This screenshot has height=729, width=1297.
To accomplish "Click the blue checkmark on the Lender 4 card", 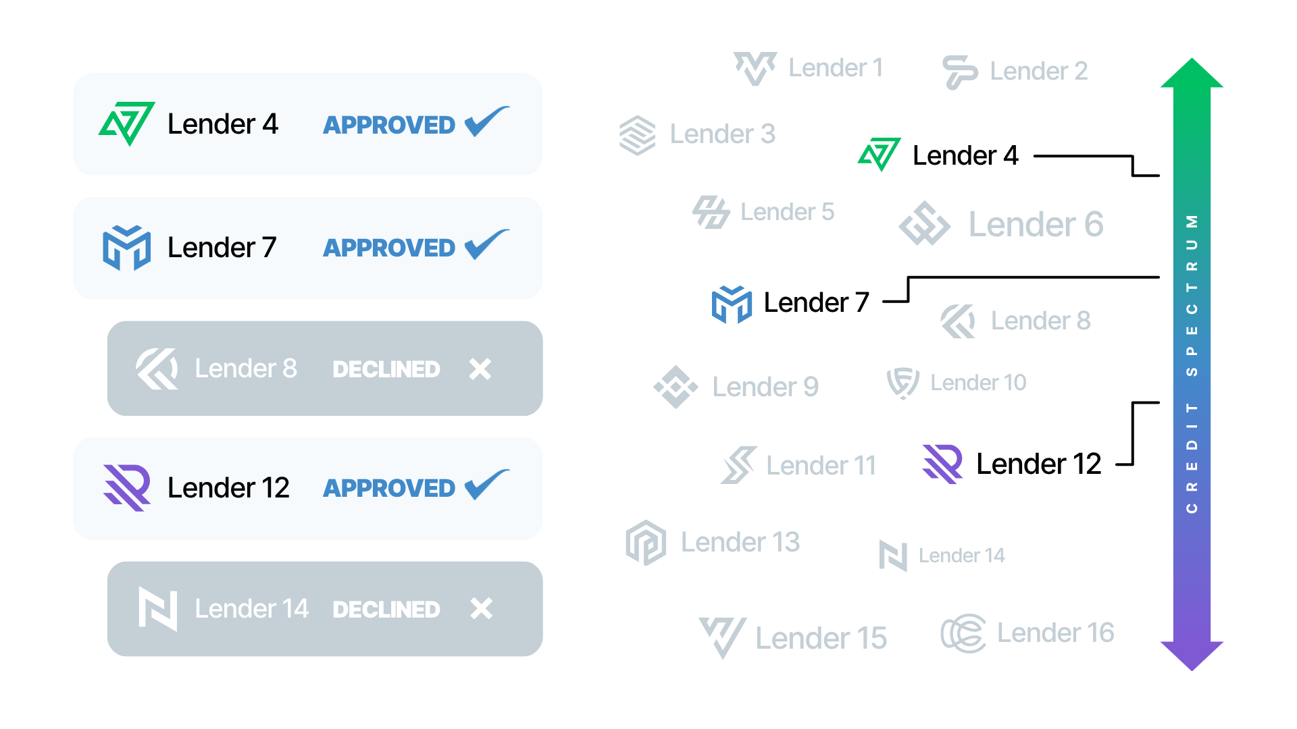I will click(486, 122).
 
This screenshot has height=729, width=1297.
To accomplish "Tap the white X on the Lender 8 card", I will click(480, 369).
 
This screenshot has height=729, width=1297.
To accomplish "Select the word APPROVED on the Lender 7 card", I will click(389, 248).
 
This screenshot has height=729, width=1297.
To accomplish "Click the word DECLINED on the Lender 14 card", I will click(386, 610).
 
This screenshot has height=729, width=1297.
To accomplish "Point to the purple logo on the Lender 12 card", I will click(127, 487).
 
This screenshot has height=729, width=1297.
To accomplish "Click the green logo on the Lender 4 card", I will click(127, 124).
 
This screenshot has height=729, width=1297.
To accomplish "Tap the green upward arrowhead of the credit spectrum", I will click(1192, 74).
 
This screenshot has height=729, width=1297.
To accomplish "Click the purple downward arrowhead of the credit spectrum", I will click(1192, 655).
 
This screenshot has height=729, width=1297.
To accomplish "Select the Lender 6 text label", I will click(1036, 225).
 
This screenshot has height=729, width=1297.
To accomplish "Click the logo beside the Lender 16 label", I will click(963, 633).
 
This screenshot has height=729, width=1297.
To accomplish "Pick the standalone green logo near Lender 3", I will click(880, 154).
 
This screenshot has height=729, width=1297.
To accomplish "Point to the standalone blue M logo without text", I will click(732, 304).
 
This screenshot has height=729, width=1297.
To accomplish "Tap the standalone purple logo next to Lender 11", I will click(942, 464).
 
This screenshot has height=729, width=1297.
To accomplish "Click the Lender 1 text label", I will click(836, 68).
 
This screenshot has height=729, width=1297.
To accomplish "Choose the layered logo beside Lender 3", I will click(638, 135).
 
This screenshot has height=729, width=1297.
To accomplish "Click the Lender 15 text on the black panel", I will click(821, 639).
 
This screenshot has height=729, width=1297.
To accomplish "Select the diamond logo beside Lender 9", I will click(676, 387).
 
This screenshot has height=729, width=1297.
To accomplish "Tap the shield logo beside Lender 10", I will click(902, 383).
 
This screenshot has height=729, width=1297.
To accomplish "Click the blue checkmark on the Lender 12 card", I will click(486, 485).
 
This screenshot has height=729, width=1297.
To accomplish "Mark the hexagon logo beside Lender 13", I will click(646, 542).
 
